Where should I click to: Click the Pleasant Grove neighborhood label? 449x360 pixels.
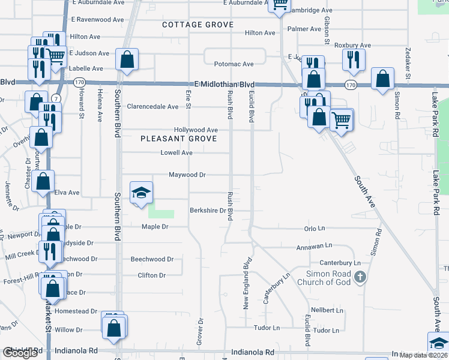click(173, 139)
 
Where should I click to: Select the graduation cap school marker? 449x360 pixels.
click(141, 193)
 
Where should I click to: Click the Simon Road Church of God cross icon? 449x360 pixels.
click(360, 277)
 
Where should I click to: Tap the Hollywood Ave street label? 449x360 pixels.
click(196, 130)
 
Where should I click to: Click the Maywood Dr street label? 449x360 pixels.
click(187, 175)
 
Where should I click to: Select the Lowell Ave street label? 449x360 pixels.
click(176, 153)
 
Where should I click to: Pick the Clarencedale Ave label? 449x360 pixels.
click(152, 107)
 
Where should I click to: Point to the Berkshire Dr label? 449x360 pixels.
click(207, 211)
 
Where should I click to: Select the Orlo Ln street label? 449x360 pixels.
click(315, 229)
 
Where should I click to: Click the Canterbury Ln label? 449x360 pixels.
click(340, 263)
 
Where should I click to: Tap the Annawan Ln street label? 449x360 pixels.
click(314, 246)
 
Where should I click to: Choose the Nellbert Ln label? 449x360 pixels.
click(327, 311)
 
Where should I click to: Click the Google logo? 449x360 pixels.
click(20, 353)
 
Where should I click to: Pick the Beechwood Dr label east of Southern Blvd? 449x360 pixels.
click(152, 259)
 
